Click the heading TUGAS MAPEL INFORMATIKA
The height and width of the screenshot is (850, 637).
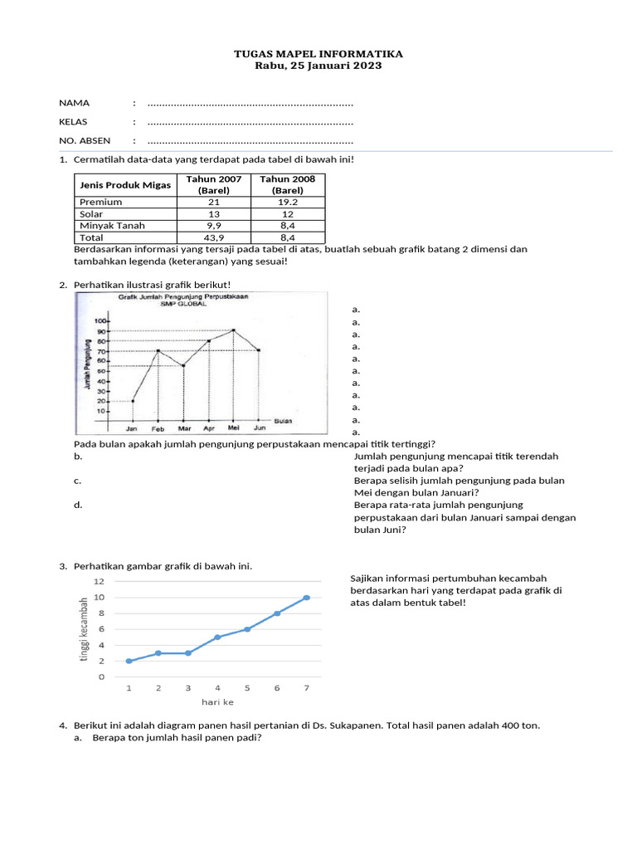click(x=318, y=54)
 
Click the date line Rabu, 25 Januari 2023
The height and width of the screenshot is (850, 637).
click(x=318, y=66)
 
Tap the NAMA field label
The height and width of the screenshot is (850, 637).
click(x=74, y=103)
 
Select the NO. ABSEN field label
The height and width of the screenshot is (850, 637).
click(x=85, y=140)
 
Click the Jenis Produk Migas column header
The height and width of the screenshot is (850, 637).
click(x=124, y=184)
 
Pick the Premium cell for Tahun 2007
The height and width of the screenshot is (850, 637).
click(x=214, y=202)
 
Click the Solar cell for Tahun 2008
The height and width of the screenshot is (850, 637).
click(x=288, y=213)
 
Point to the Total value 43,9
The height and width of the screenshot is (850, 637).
click(x=214, y=237)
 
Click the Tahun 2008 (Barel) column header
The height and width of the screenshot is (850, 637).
click(x=288, y=184)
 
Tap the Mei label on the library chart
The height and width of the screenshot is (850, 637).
click(x=235, y=428)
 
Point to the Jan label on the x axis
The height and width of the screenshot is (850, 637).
click(x=132, y=428)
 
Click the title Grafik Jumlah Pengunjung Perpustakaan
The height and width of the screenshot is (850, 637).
click(x=183, y=296)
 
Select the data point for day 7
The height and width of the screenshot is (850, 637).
click(x=307, y=597)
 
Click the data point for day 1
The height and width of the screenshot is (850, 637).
click(x=129, y=661)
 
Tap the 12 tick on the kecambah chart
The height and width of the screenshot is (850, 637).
click(x=100, y=581)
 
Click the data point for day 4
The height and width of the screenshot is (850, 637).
click(x=217, y=637)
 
